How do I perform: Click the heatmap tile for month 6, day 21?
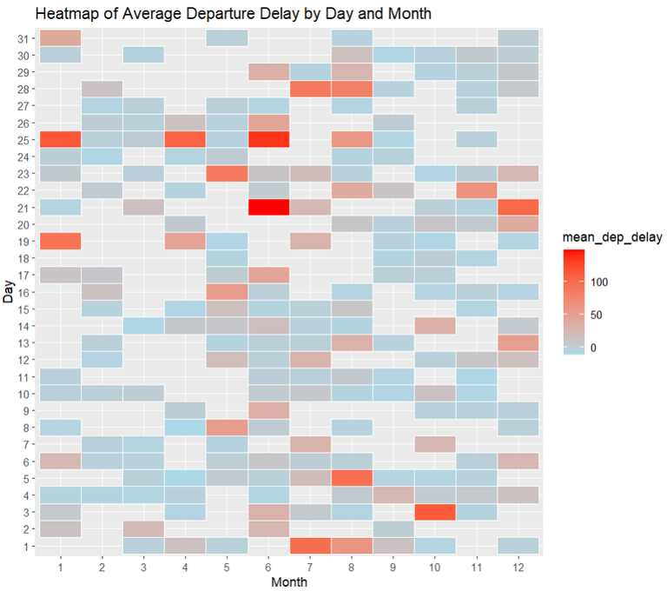point(268,207)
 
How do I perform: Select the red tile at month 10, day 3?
point(434,512)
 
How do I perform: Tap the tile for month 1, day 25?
point(60,139)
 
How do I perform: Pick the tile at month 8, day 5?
point(352,478)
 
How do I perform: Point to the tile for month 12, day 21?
point(518,207)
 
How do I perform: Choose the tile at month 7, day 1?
point(310,546)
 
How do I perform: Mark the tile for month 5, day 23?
point(227,173)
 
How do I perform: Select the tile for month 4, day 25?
point(185,139)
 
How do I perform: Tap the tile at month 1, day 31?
point(60,37)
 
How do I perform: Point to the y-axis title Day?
point(8,292)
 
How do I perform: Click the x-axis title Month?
point(289,581)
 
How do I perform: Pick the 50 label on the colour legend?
point(598,315)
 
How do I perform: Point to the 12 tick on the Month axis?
point(518,567)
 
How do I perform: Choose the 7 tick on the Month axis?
point(310,567)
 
